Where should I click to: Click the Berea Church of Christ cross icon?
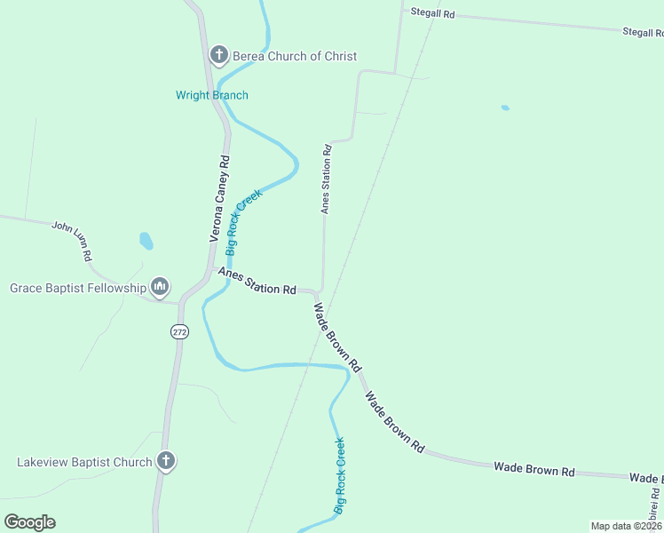(218, 56)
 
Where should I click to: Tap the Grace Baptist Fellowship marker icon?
(160, 287)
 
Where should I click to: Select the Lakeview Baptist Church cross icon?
(165, 461)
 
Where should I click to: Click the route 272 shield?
(179, 331)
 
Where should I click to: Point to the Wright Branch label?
(212, 95)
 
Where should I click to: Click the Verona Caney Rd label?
(220, 199)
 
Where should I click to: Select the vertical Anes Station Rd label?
(327, 179)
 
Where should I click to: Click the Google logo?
(30, 522)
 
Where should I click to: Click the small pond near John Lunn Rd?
(146, 241)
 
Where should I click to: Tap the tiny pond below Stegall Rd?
(505, 108)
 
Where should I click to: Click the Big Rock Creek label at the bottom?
(340, 476)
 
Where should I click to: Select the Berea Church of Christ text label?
(295, 56)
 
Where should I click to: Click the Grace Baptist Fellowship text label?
(78, 288)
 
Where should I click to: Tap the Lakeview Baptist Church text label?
(85, 462)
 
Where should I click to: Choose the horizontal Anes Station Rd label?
(257, 283)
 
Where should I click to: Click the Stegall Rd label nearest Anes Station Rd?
(432, 14)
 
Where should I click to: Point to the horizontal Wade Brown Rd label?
(534, 468)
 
